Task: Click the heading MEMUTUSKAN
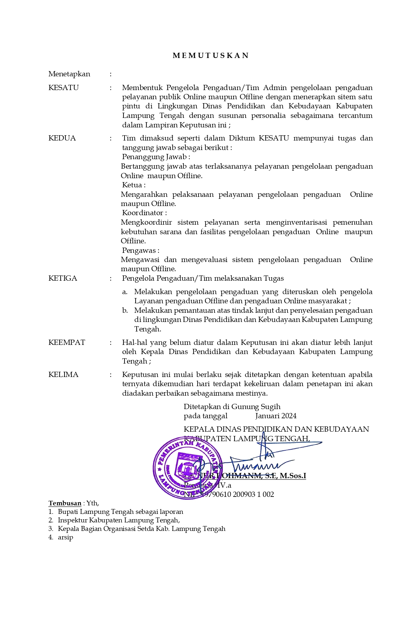tap(211, 56)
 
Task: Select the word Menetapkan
tap(69, 74)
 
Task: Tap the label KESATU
tap(64, 88)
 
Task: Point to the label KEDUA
tap(62, 138)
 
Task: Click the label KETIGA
tap(63, 278)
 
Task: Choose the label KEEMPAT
tap(66, 343)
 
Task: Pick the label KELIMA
tap(63, 375)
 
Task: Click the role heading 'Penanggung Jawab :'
tap(156, 157)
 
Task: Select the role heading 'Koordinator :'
tap(144, 213)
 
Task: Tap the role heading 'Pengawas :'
tap(141, 251)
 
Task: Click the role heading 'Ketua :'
tap(134, 185)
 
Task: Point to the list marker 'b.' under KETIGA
tap(125, 310)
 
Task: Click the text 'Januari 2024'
tap(276, 416)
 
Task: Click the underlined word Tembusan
tap(65, 503)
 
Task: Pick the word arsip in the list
tap(66, 537)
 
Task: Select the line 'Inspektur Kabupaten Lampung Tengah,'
tap(119, 520)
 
